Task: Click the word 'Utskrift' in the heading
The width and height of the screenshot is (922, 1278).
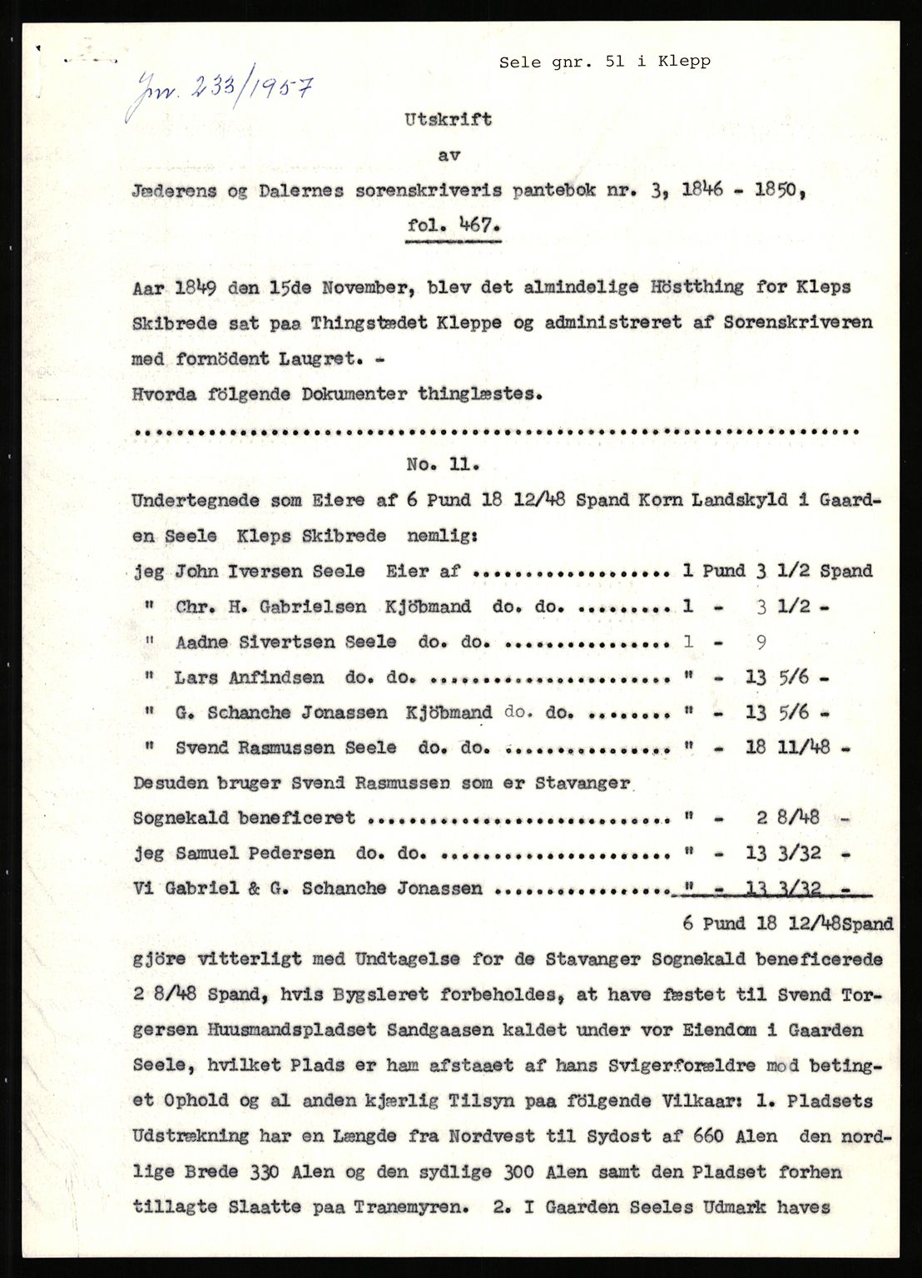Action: pos(448,119)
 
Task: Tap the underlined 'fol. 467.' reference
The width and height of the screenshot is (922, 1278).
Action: pos(454,225)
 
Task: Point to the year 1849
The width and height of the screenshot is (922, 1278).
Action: pos(197,287)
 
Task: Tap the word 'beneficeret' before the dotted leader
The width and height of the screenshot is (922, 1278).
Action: pos(297,818)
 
